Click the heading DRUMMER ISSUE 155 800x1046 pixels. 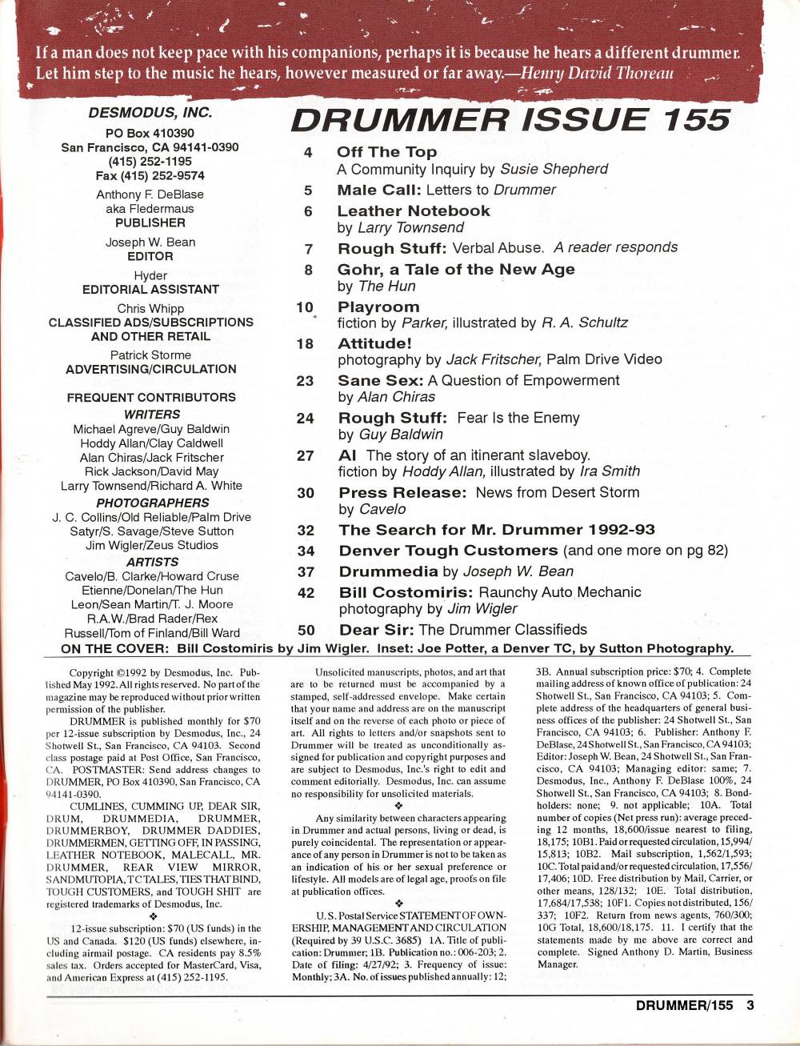tap(510, 118)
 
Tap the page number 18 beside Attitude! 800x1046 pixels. tap(305, 344)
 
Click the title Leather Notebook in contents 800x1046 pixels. tap(413, 211)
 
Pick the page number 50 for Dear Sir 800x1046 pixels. tap(305, 630)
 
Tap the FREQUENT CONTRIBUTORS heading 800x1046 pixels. tap(150, 397)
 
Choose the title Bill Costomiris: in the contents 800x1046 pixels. tap(406, 593)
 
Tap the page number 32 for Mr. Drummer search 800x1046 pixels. tap(305, 530)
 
